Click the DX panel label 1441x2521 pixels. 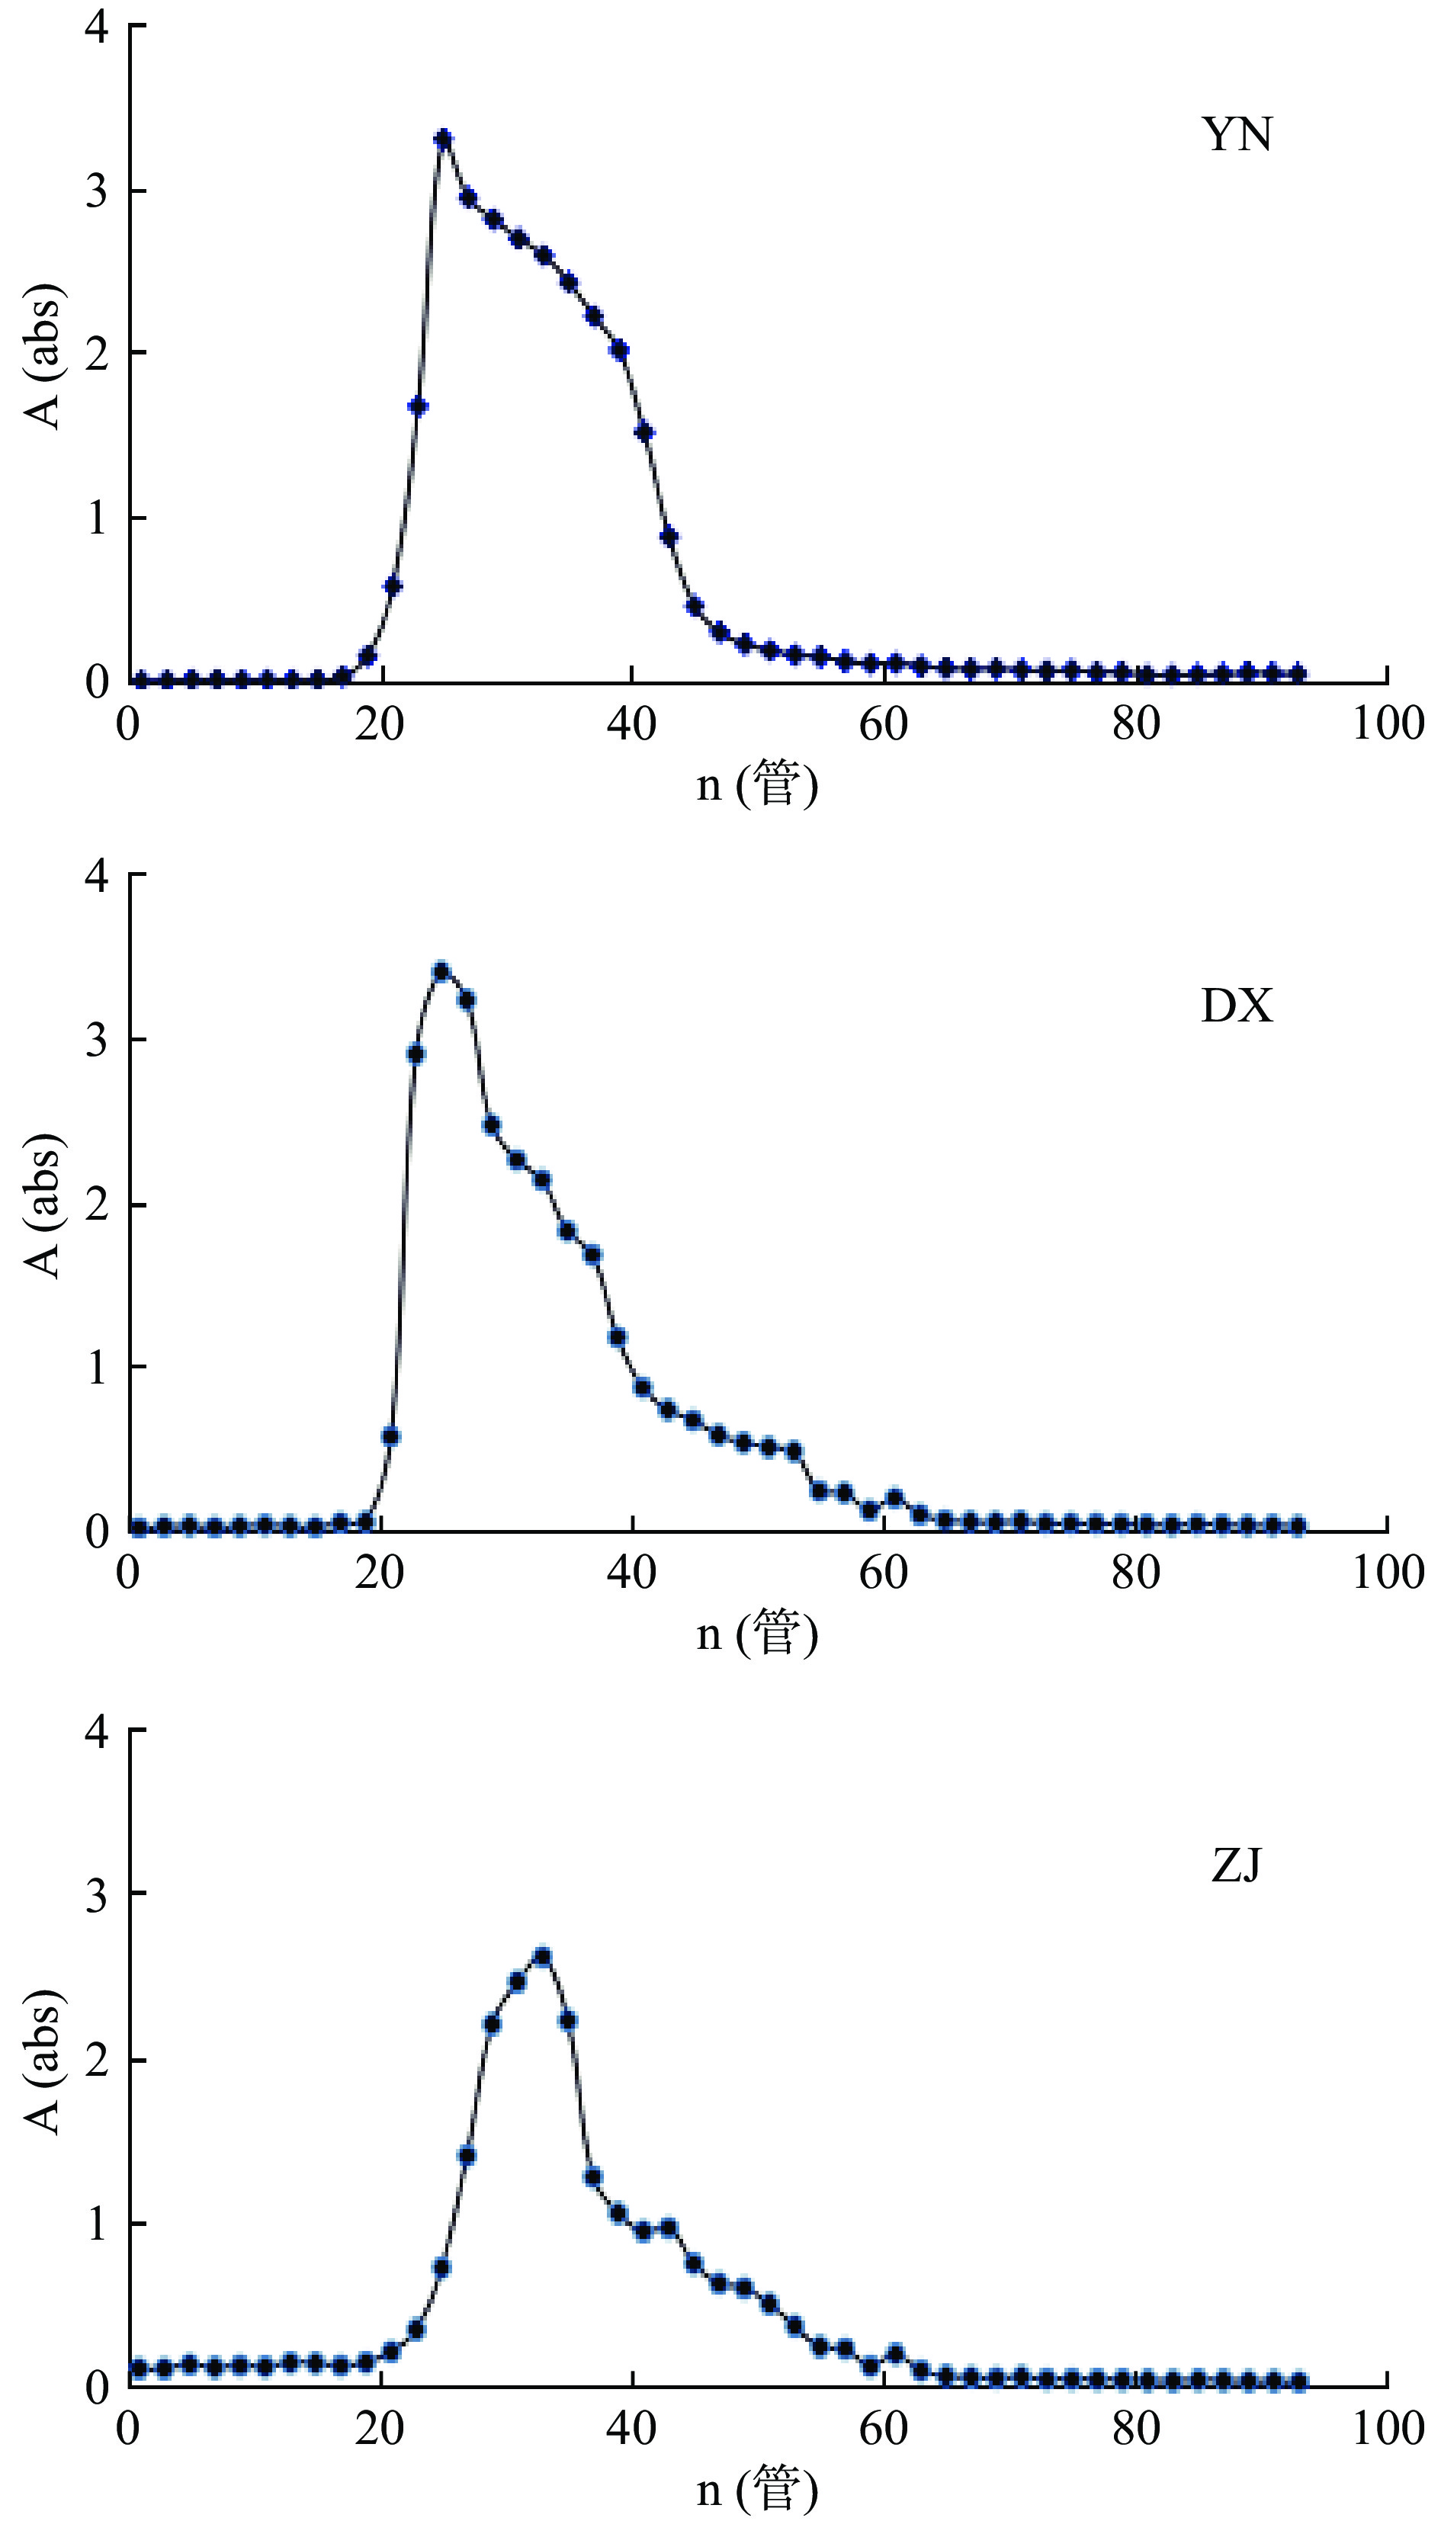(1236, 1006)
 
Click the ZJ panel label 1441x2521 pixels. (1236, 1866)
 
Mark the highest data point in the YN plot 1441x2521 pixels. (444, 139)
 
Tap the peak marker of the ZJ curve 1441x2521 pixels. (541, 1956)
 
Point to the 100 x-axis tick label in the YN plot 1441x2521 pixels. (1388, 724)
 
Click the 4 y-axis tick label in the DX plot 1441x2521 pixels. (96, 877)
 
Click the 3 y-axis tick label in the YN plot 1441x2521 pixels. (96, 190)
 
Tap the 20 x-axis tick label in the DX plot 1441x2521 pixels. (380, 1573)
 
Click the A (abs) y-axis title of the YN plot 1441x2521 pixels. (43, 356)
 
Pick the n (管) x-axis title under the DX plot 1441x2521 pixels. (757, 1633)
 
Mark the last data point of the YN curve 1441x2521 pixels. (1298, 673)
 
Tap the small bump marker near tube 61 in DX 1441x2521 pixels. (894, 1498)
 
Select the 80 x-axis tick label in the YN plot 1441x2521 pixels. (1135, 724)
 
